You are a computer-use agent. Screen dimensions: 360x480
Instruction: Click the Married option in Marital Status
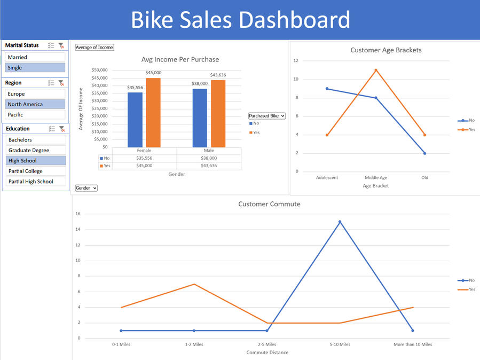click(x=35, y=57)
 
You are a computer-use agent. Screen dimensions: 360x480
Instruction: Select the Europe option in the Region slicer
click(x=35, y=94)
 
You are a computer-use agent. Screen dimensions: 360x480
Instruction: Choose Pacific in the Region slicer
click(x=35, y=115)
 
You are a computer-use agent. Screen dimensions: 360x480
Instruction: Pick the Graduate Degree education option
click(x=36, y=150)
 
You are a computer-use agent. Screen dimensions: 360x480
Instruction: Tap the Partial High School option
click(x=36, y=182)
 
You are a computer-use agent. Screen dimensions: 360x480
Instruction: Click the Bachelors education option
click(x=36, y=139)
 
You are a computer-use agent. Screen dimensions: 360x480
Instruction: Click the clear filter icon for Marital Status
click(x=61, y=46)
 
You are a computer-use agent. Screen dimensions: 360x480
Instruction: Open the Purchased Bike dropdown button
click(x=267, y=116)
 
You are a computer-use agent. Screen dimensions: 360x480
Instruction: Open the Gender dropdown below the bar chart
click(x=86, y=188)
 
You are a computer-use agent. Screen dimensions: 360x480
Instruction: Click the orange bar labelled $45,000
click(x=153, y=112)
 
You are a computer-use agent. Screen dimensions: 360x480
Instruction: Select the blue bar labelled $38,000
click(x=200, y=118)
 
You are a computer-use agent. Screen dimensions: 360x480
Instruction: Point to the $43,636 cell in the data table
click(x=209, y=166)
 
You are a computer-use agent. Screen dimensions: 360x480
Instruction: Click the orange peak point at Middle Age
click(x=376, y=70)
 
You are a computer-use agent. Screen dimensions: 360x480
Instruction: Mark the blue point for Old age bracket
click(x=425, y=153)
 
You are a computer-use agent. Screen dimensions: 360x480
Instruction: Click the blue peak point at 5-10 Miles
click(x=340, y=222)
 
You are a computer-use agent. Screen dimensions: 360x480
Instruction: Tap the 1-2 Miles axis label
click(x=194, y=345)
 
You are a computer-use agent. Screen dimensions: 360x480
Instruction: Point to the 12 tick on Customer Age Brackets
click(x=296, y=61)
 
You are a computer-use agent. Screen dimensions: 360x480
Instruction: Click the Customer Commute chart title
click(x=269, y=204)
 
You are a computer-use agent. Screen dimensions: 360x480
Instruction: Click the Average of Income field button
click(x=95, y=48)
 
